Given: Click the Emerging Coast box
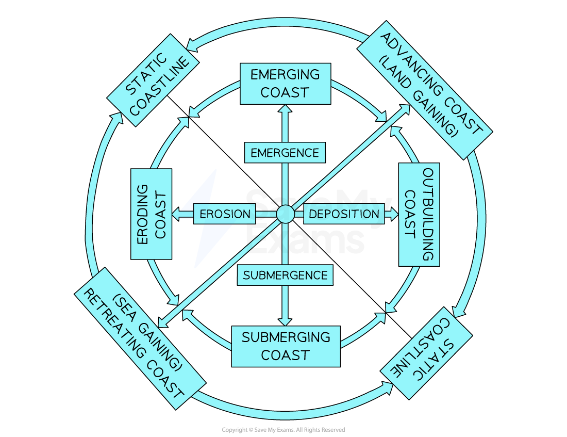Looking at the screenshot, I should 285,84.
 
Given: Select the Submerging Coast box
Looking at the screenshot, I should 285,346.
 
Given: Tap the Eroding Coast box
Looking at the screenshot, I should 151,214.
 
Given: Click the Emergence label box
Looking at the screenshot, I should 285,153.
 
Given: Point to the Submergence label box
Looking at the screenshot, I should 285,275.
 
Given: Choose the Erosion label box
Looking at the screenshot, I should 224,214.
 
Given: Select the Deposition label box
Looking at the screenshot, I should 344,214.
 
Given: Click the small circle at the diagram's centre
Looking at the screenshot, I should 285,214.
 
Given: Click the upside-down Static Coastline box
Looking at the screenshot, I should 427,353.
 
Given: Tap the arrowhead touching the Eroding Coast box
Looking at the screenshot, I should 176,214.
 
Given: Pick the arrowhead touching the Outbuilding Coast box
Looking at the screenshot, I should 394,214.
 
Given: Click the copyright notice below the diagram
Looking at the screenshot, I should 283,430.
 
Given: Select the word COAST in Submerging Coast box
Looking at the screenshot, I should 285,355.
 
